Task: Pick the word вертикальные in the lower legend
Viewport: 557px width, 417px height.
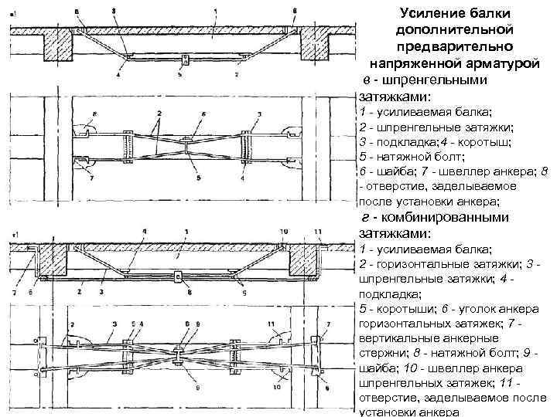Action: [395, 338]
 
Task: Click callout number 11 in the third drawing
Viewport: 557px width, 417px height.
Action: [318, 232]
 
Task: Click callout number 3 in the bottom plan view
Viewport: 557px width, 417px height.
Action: [114, 323]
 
